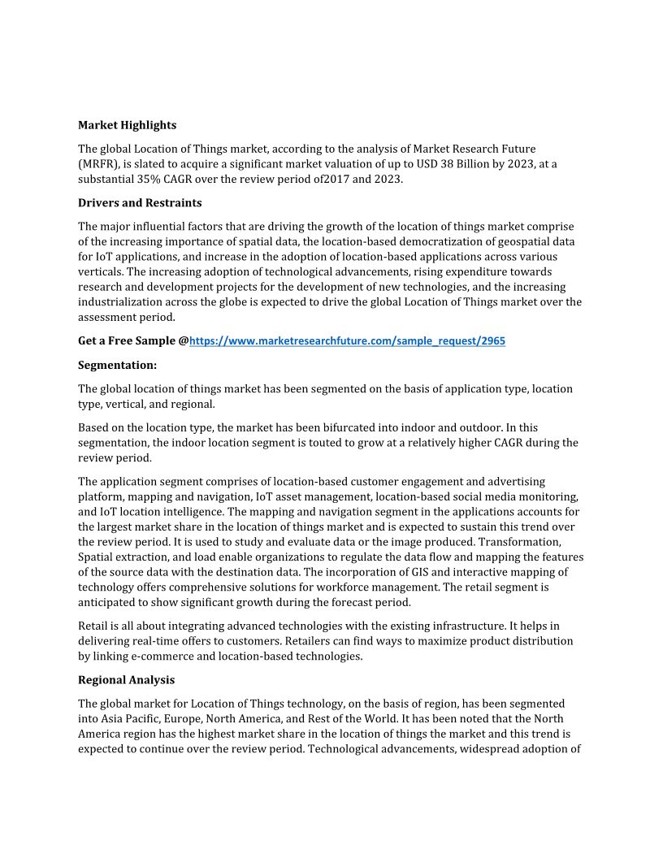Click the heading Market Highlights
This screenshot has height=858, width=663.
tap(127, 125)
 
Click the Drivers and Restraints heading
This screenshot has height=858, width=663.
tap(140, 202)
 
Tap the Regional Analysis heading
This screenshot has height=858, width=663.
tap(126, 679)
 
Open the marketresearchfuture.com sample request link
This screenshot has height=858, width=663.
tap(347, 341)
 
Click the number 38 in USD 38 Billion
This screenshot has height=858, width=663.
tap(435, 164)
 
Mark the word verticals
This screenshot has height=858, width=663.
tap(101, 271)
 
